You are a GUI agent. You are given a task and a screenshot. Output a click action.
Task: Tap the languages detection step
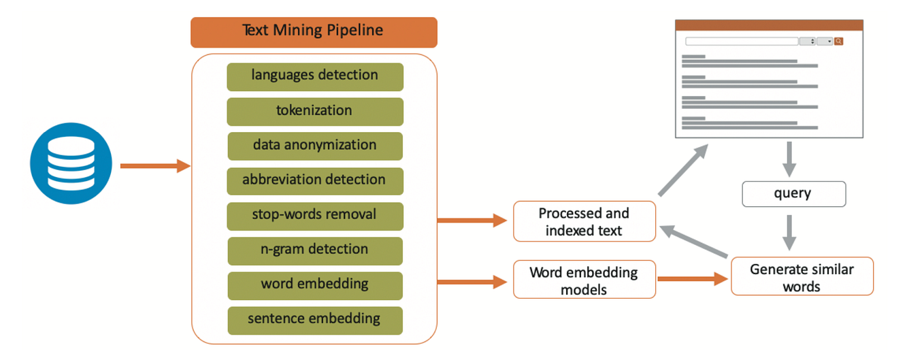[315, 76]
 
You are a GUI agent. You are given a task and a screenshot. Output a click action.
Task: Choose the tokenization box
[315, 111]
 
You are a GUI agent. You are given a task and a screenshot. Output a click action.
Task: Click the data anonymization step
[315, 146]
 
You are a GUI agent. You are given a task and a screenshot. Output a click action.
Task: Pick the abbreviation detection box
[315, 180]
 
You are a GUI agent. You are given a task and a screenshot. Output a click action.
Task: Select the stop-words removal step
[315, 215]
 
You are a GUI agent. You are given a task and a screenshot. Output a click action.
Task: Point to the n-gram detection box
[315, 250]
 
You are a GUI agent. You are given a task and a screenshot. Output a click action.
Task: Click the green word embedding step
[315, 284]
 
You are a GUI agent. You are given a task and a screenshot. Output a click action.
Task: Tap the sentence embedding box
[315, 319]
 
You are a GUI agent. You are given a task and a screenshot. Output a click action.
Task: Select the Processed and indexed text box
[584, 221]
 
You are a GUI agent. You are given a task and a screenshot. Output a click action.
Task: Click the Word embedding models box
[584, 280]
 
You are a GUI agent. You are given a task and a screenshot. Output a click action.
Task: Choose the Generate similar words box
[802, 276]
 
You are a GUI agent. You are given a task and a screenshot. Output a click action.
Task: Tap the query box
[793, 194]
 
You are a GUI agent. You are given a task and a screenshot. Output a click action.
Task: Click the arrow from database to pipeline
[154, 165]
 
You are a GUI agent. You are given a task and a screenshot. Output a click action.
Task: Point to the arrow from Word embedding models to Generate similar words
[693, 279]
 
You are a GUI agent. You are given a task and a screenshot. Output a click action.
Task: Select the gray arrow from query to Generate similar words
[789, 232]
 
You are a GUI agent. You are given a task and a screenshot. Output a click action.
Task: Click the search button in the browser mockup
[839, 42]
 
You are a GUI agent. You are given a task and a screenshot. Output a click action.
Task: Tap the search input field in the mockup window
[741, 42]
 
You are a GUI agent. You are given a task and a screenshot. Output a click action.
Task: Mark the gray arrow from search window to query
[789, 159]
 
